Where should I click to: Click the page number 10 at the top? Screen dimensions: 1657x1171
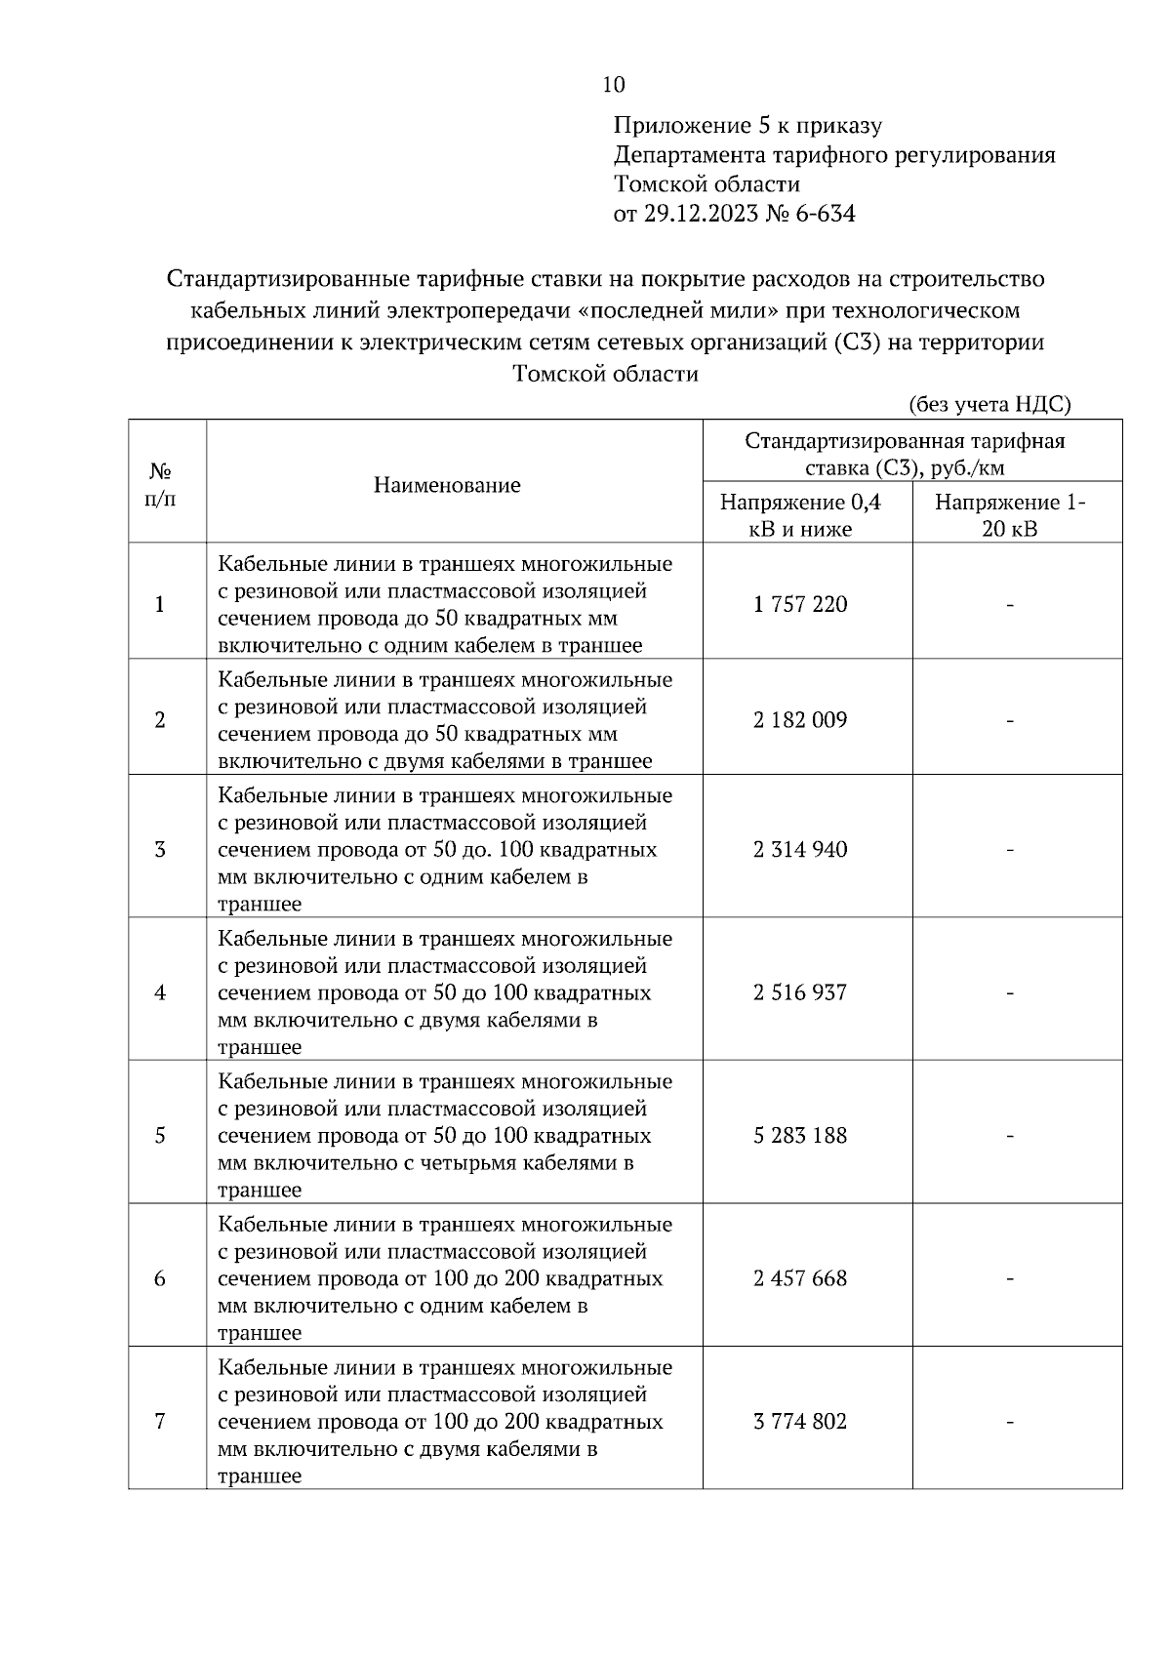pyautogui.click(x=614, y=85)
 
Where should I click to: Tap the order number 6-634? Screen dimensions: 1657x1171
pyautogui.click(x=825, y=214)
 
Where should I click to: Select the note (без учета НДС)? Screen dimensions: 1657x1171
pyautogui.click(x=989, y=404)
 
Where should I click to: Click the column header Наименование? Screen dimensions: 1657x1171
pyautogui.click(x=447, y=485)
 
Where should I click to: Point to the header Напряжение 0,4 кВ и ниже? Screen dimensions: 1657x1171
pyautogui.click(x=800, y=515)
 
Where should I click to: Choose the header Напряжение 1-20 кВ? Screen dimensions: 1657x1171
pyautogui.click(x=1010, y=515)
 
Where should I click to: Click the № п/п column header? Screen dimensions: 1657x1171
pyautogui.click(x=160, y=485)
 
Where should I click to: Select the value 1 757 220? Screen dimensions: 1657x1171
pyautogui.click(x=800, y=604)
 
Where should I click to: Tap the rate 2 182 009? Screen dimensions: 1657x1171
pyautogui.click(x=800, y=720)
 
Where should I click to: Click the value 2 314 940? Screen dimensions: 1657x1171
pyautogui.click(x=800, y=849)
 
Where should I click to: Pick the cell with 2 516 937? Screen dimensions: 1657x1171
pyautogui.click(x=800, y=992)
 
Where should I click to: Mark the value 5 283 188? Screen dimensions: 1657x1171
pyautogui.click(x=800, y=1135)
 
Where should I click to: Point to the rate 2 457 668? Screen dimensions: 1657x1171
pyautogui.click(x=800, y=1278)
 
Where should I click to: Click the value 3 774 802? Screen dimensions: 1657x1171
pyautogui.click(x=800, y=1421)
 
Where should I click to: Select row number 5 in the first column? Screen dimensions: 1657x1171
pyautogui.click(x=160, y=1135)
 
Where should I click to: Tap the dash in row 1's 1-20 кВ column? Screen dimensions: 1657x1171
pyautogui.click(x=1010, y=605)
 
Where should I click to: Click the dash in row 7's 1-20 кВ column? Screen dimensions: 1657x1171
pyautogui.click(x=1010, y=1422)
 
